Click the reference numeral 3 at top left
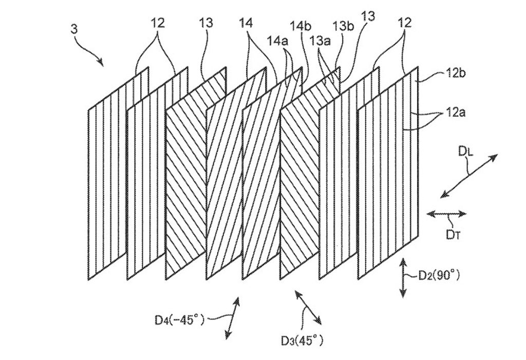coord(74,29)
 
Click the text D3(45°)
coord(303,340)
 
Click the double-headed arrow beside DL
coord(469,175)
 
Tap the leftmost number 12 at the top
coord(157,23)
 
